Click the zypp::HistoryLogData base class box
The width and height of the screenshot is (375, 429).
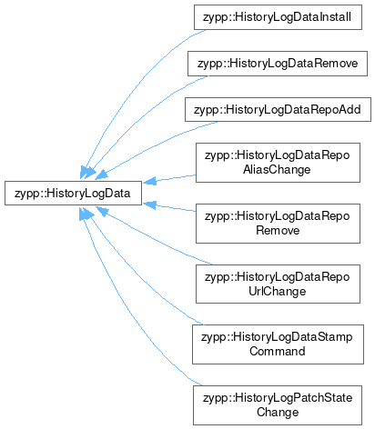[x=73, y=193]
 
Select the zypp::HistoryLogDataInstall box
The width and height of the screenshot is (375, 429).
[x=278, y=17]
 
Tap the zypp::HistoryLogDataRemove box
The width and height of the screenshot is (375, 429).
[x=278, y=64]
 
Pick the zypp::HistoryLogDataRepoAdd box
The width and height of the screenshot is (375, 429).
[x=278, y=110]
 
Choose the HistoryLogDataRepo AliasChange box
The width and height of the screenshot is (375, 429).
[x=278, y=163]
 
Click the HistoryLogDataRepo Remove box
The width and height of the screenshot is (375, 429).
[x=278, y=224]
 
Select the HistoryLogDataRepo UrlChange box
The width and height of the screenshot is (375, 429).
[x=278, y=284]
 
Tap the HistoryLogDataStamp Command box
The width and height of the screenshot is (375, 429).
[x=278, y=344]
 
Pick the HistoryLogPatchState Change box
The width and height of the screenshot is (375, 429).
[x=278, y=405]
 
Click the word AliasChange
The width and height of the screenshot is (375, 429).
[x=277, y=170]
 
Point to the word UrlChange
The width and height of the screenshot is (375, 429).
[x=278, y=292]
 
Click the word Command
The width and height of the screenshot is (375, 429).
[x=278, y=352]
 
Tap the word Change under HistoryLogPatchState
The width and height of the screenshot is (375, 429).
[x=278, y=413]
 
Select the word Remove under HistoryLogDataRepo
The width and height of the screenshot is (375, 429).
[x=278, y=231]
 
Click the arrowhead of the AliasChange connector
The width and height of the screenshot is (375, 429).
[x=149, y=181]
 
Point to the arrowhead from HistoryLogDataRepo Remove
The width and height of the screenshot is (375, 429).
[x=149, y=205]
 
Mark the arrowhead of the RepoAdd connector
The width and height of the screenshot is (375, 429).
[x=101, y=175]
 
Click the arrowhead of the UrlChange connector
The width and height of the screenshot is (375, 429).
[x=102, y=212]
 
